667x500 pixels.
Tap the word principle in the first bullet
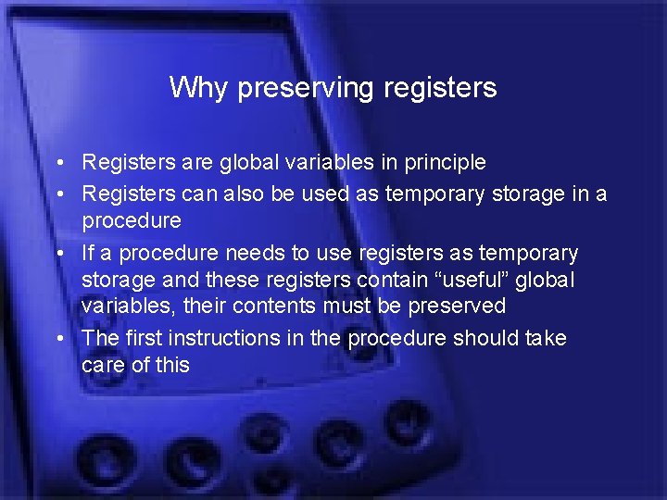pyautogui.click(x=440, y=163)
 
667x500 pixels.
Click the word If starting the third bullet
pyautogui.click(x=89, y=253)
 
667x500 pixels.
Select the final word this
pyautogui.click(x=172, y=365)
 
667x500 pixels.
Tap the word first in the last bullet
pyautogui.click(x=140, y=338)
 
